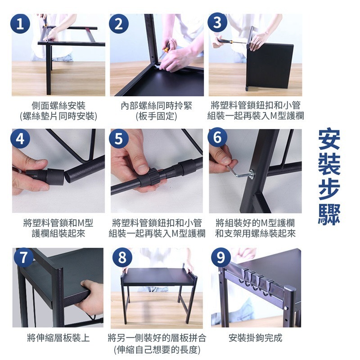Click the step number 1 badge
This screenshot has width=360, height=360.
point(20,23)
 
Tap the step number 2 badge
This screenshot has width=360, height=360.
point(118,23)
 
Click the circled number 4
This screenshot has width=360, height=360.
point(20,139)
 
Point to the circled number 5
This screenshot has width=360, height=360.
point(118,139)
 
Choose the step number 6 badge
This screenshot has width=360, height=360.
point(217,139)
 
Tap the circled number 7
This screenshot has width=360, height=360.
point(23,257)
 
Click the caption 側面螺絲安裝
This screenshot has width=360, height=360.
point(58,106)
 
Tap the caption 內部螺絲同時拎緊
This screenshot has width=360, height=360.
point(156,106)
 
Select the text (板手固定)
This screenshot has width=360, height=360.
point(156,116)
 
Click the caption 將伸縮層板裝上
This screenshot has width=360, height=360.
point(58,337)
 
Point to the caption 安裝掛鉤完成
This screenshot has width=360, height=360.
point(255,337)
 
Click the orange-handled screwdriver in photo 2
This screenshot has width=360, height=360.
point(167,46)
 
